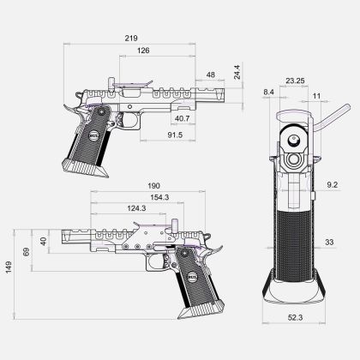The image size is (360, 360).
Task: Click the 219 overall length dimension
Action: pyautogui.click(x=131, y=39)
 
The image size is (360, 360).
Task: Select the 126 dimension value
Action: pyautogui.click(x=143, y=51)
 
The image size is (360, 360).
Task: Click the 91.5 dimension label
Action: pyautogui.click(x=175, y=135)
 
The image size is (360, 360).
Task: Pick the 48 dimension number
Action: pyautogui.click(x=211, y=75)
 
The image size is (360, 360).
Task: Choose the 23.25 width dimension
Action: pyautogui.click(x=296, y=81)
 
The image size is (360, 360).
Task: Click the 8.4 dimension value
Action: pyautogui.click(x=268, y=91)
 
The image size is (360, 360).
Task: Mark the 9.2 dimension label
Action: pyautogui.click(x=333, y=184)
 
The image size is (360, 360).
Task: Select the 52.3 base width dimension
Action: pyautogui.click(x=294, y=317)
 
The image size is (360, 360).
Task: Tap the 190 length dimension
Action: pyautogui.click(x=153, y=186)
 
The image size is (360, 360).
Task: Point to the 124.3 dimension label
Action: pyautogui.click(x=135, y=208)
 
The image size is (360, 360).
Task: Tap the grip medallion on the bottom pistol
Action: pyautogui.click(x=190, y=276)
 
